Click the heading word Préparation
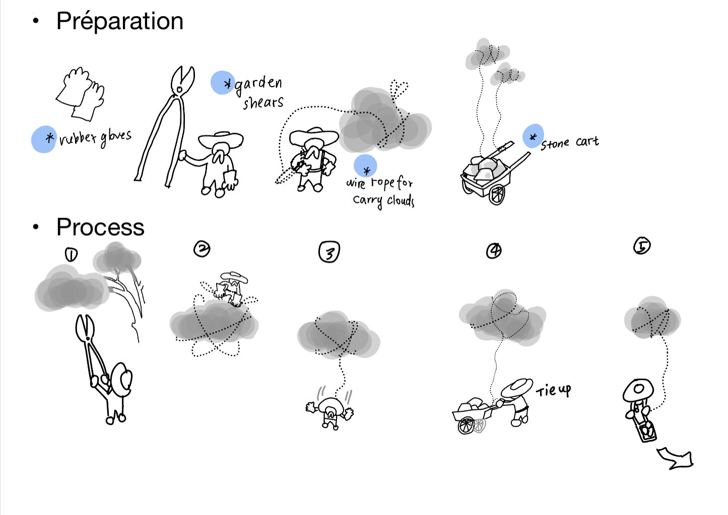pos(119,22)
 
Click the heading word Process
pos(100,227)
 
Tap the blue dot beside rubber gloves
pos(44,139)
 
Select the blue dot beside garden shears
pos(222,83)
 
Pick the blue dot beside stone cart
pos(533,136)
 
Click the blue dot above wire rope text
pos(365,166)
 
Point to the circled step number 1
pos(71,255)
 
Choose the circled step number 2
pos(202,249)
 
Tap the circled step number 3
pos(329,252)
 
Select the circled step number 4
pos(494,251)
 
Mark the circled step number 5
pos(642,246)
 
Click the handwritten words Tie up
pos(554,391)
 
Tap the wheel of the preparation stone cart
pos(497,194)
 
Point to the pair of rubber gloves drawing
pos(80,94)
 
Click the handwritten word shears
pos(263,103)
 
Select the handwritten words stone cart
pos(570,143)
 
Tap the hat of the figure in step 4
pos(517,388)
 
